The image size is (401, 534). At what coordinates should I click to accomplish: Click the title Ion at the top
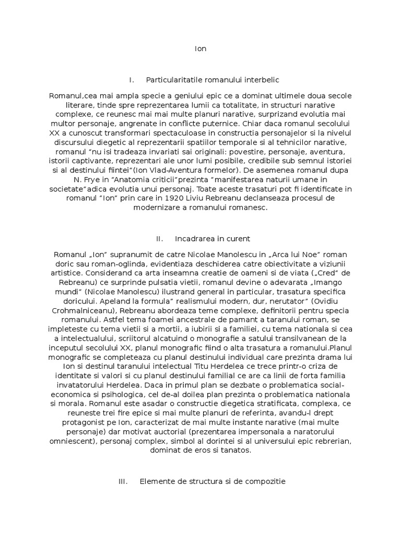coord(200,49)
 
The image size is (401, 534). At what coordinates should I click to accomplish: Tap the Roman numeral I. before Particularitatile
coord(132,80)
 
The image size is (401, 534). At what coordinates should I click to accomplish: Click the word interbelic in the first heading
coord(262,80)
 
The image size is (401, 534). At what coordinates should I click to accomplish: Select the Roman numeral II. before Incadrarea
coord(160,239)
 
